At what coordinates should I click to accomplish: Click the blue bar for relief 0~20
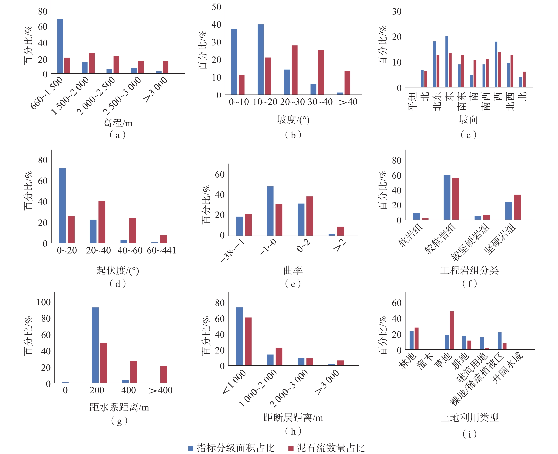[x=62, y=205]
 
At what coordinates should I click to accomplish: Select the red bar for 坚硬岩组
[x=517, y=207]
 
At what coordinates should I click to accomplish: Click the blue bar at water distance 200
[x=95, y=345]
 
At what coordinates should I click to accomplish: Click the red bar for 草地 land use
[x=452, y=330]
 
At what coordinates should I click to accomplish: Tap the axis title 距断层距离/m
[x=293, y=418]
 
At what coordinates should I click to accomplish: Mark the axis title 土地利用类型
[x=470, y=418]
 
